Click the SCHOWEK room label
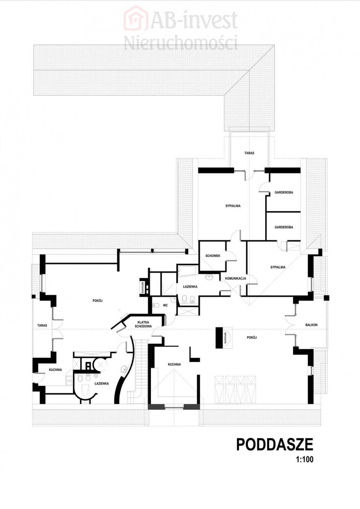pos(212,256)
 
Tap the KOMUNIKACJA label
pos(235,278)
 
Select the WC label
pos(165,305)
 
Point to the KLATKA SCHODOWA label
pos(145,324)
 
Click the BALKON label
pos(311,325)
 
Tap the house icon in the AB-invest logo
pos(135,18)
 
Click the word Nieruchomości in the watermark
pos(181,43)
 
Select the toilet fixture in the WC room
pos(156,305)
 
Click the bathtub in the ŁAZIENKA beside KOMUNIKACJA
pos(188,271)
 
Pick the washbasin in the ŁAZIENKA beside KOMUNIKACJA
pos(209,277)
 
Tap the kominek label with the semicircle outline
pos(226,337)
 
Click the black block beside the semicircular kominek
pos(219,337)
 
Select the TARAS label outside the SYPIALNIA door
pos(249,153)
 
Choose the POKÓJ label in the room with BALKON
pos(252,337)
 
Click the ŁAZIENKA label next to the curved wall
pos(102,383)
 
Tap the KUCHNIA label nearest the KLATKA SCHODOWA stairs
pos(174,364)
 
